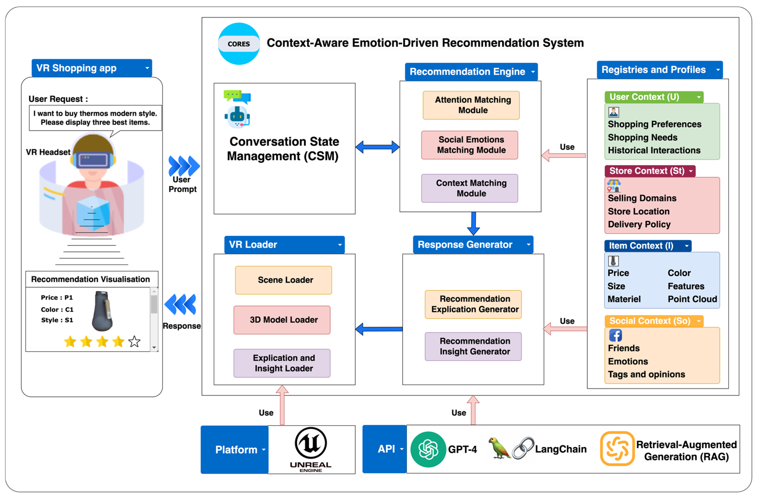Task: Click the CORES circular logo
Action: [239, 44]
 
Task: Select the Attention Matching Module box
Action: [471, 105]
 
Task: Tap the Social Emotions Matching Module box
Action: [469, 145]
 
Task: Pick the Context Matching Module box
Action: [469, 188]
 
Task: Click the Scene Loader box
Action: [283, 280]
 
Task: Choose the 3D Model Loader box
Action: [282, 320]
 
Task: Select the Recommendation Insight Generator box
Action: [473, 346]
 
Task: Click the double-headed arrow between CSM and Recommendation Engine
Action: [377, 147]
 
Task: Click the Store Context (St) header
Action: [649, 171]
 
